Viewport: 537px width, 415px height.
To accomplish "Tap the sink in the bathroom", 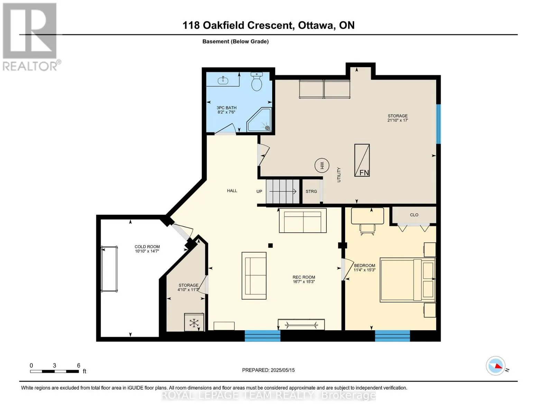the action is tap(223, 80).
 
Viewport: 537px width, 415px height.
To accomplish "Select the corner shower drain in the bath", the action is tap(267, 128).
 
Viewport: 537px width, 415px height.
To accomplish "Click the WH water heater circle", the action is tap(322, 165).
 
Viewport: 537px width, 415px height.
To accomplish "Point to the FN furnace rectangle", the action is tap(362, 160).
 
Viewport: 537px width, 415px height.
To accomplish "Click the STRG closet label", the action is tap(311, 191).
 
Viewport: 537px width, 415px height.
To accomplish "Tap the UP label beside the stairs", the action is tap(259, 191).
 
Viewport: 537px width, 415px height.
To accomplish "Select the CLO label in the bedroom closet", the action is tap(414, 215).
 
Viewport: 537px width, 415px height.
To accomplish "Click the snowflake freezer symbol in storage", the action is tap(194, 323).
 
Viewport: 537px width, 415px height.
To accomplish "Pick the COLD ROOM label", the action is tap(147, 247).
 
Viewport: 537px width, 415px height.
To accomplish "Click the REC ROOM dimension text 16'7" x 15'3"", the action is tap(304, 282).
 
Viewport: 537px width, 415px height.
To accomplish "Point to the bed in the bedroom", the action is tap(408, 280).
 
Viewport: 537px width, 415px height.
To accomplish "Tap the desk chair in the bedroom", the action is tap(367, 230).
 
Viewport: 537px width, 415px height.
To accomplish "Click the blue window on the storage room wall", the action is tap(438, 124).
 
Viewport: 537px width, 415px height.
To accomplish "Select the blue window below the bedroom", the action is tap(392, 336).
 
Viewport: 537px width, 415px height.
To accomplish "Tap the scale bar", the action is tap(54, 371).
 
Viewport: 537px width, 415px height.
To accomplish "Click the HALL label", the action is tap(232, 191).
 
